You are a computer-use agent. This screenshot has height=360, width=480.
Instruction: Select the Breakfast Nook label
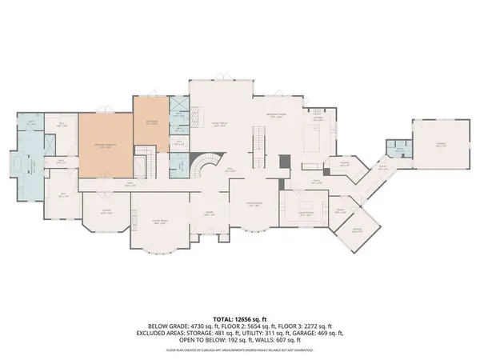276,114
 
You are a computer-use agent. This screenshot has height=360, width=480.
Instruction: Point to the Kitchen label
318,118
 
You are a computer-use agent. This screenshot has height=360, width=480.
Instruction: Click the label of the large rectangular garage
440,146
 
